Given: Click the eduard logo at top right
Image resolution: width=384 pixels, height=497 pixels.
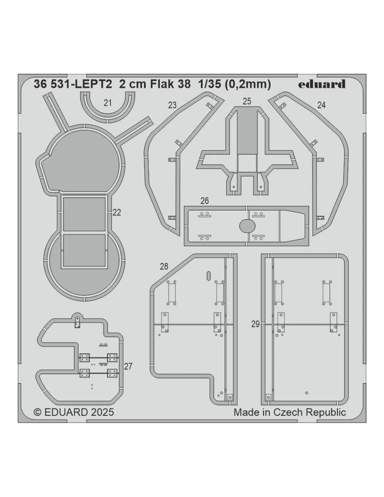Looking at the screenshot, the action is [x=322, y=84].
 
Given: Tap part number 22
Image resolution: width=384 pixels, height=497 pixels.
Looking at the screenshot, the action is [x=117, y=213].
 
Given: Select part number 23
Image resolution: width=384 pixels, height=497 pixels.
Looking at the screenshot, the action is [x=172, y=105].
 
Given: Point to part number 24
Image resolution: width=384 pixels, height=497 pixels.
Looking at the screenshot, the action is [x=321, y=105].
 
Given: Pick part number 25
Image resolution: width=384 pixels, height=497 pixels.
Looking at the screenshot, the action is [x=247, y=101].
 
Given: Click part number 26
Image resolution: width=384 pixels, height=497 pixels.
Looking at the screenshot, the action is [x=205, y=201].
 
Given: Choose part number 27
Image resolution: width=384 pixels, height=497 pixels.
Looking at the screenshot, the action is [x=128, y=366].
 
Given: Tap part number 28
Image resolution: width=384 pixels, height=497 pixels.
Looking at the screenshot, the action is [x=164, y=266].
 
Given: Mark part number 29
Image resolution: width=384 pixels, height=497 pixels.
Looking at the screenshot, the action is [x=256, y=324].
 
